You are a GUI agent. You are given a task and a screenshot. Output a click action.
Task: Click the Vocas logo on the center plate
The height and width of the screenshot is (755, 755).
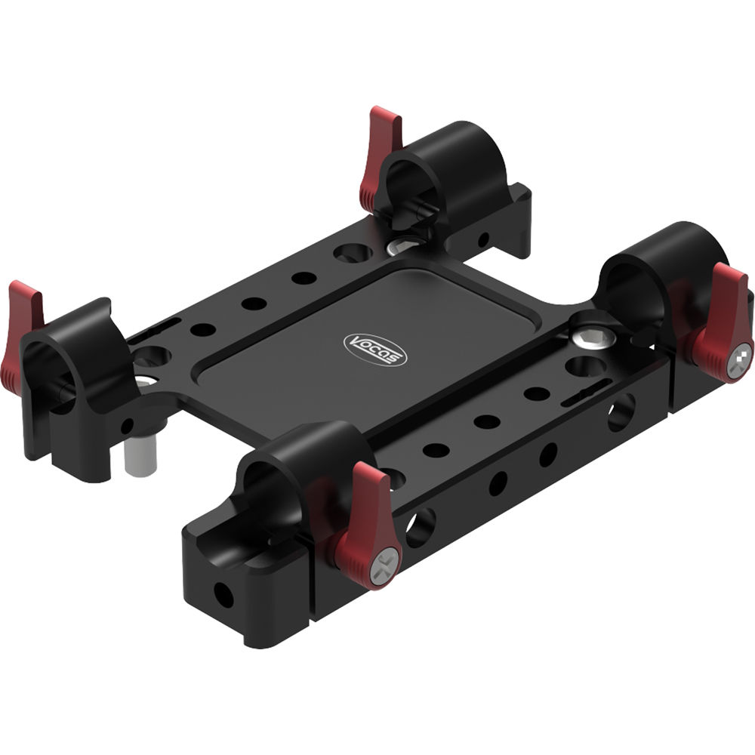click(x=375, y=350)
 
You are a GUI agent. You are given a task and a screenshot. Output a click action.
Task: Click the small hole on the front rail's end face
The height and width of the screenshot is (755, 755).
click(x=223, y=594)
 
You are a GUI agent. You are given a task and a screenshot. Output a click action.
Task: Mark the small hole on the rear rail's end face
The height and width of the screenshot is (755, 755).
click(x=483, y=240)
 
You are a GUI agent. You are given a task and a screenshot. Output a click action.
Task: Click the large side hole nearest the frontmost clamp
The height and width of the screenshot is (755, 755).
click(x=421, y=525)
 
